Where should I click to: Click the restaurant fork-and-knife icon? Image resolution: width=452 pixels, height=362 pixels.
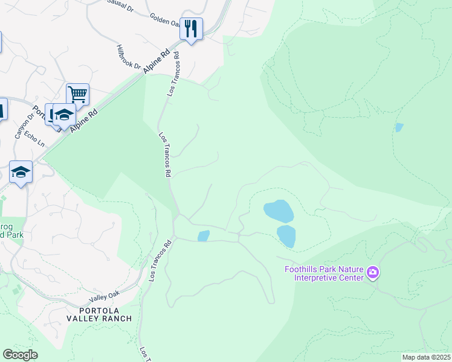coord(191,28)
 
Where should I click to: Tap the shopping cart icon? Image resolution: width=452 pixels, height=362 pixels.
coord(77,94)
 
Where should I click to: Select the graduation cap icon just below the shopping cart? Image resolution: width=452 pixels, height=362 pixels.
coord(64,115)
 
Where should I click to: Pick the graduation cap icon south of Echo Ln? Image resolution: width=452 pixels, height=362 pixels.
coord(21,171)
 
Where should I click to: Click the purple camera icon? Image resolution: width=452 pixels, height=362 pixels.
coord(373,273)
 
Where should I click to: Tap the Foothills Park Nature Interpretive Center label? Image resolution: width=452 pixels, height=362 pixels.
coord(329,273)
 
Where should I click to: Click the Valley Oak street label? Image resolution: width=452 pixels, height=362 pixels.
coord(106,297)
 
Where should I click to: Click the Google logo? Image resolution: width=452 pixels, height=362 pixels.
coord(20,355)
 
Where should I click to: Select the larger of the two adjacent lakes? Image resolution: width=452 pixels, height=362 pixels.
coord(278,211)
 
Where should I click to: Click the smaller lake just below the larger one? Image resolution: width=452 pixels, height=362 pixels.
coord(286,235)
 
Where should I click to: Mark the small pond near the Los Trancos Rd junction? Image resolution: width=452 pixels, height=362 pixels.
coord(204,235)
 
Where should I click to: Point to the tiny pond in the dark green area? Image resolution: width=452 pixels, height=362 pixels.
coord(398,127)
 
